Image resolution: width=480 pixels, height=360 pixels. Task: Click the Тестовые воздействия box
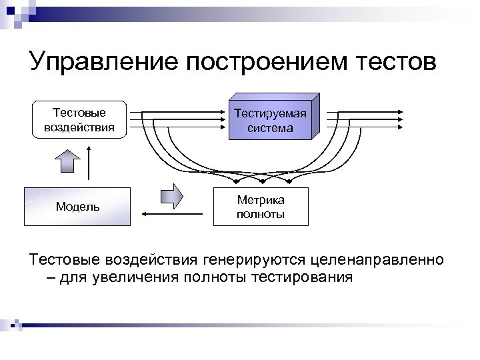(79, 119)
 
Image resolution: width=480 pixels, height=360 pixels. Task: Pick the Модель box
(77, 207)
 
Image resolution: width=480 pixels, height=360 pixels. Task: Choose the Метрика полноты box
(261, 207)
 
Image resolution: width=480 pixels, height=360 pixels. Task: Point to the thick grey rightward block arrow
(172, 196)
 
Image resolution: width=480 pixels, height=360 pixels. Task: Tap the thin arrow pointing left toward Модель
(173, 214)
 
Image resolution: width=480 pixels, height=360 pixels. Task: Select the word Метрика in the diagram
(261, 200)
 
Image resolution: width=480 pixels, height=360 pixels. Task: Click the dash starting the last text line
(52, 277)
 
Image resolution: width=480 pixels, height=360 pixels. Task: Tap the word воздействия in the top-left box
(79, 126)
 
